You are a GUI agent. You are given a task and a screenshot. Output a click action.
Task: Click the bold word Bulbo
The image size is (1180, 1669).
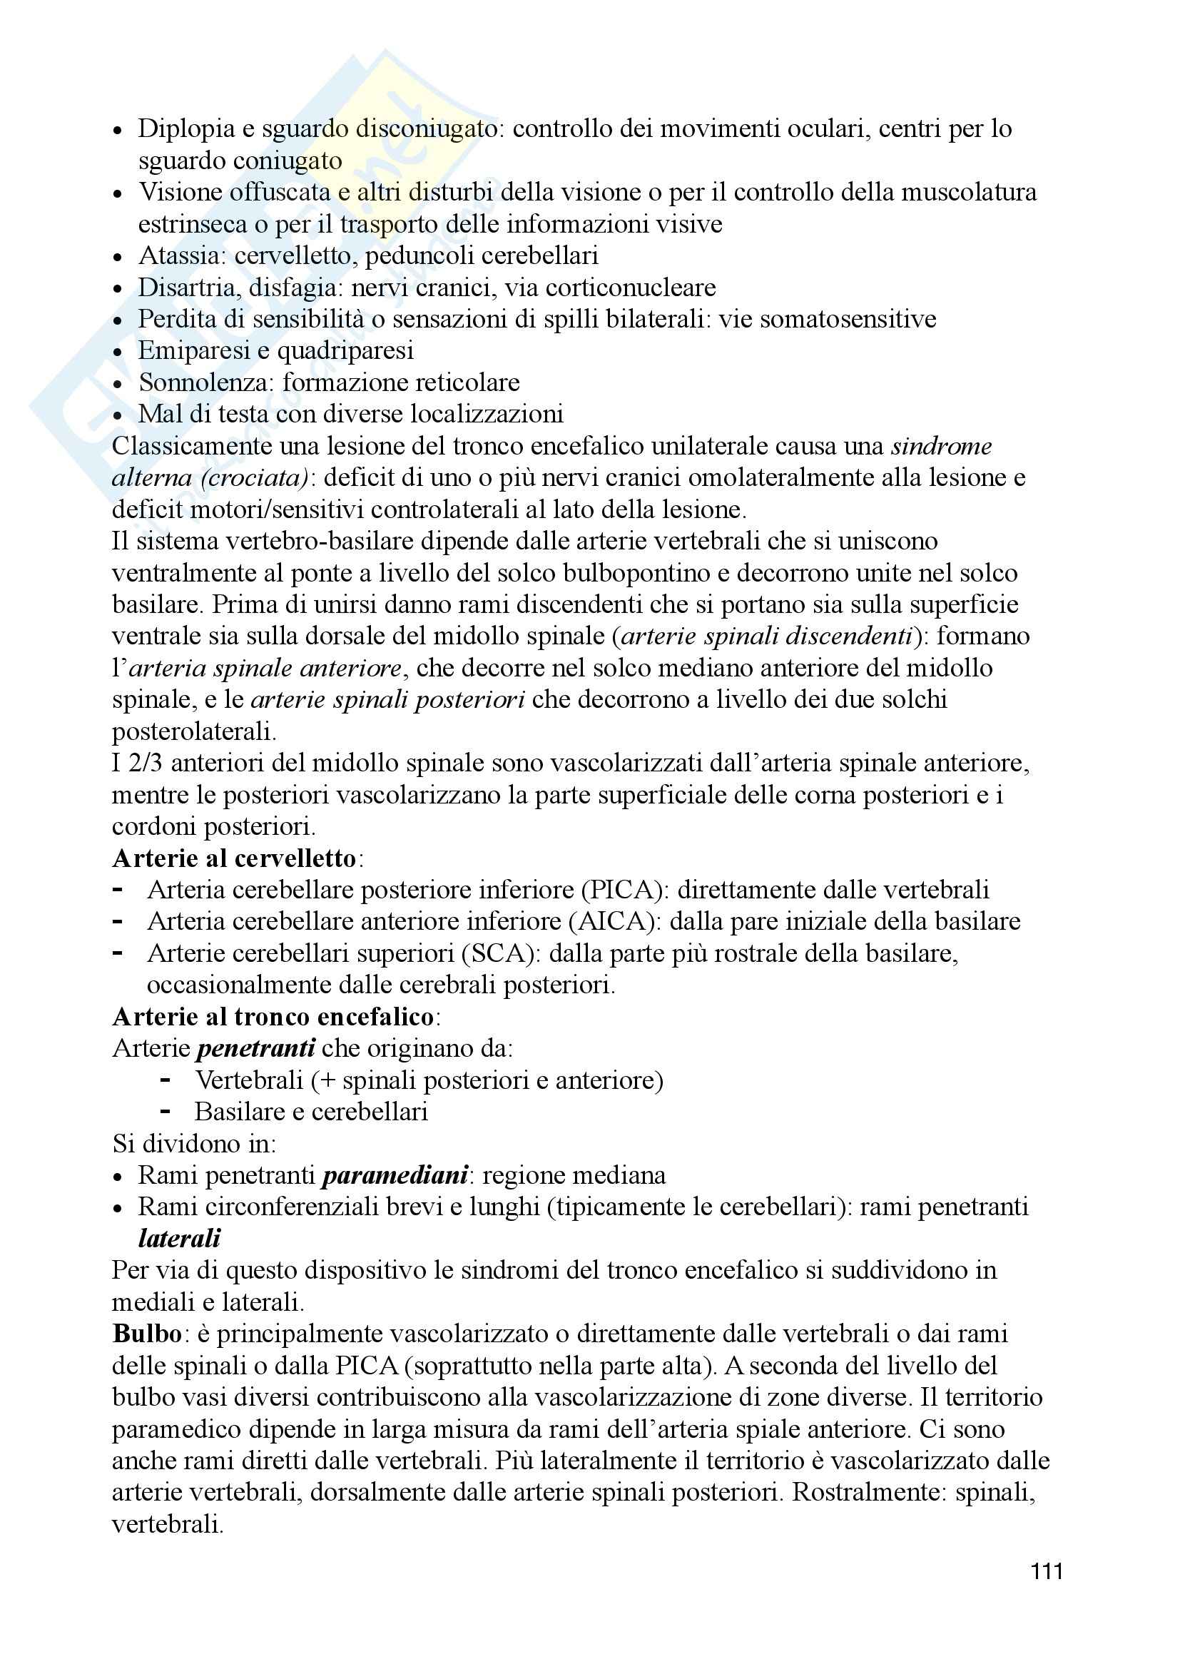tap(147, 1334)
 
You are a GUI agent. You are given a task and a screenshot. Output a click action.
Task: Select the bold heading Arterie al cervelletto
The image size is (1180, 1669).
tap(234, 858)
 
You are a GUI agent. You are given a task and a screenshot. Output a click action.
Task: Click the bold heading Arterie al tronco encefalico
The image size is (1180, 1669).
tap(273, 1017)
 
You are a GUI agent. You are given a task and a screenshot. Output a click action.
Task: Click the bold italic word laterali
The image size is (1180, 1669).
tap(179, 1239)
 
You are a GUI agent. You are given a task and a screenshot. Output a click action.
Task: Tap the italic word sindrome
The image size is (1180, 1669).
tap(941, 445)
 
